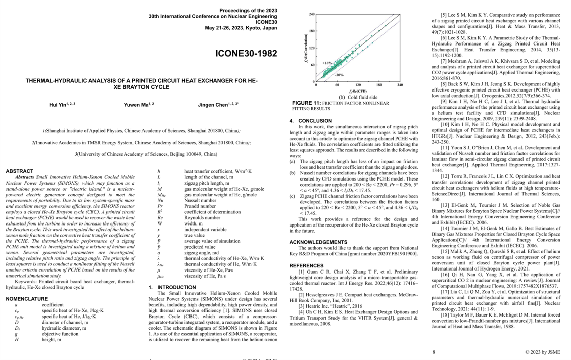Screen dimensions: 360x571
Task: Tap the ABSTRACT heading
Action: [x=19, y=171]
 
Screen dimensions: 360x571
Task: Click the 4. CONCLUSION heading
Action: [x=310, y=121]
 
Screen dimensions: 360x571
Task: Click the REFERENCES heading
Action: [x=307, y=265]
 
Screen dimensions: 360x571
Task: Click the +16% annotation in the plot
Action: [x=327, y=62]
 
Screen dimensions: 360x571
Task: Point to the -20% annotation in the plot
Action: [x=339, y=75]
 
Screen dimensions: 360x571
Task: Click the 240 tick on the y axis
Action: [x=312, y=14]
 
